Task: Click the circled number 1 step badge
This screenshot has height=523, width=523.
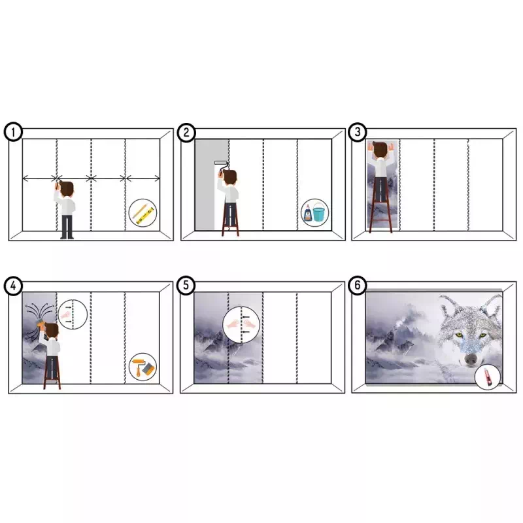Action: coord(13,132)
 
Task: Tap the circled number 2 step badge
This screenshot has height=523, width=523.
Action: coord(186,133)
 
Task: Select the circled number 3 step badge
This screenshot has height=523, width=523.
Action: coord(357,132)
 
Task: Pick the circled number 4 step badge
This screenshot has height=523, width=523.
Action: coord(13,286)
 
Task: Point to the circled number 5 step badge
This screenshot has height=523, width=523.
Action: coord(186,285)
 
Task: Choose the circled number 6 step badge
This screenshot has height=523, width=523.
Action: coord(357,285)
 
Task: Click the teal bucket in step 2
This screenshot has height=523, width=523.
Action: coord(318,214)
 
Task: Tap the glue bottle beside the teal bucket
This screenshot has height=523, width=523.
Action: coord(307,214)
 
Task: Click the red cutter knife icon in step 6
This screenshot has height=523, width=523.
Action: coord(487,377)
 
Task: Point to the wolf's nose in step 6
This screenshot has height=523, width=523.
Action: coord(471,359)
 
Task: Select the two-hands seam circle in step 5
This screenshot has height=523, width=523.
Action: coord(241,324)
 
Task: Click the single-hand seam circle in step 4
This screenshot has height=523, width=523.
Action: coord(73,314)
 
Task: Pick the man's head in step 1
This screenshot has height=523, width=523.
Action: coord(67,190)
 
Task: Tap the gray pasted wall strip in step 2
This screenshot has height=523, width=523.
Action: coord(205,184)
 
